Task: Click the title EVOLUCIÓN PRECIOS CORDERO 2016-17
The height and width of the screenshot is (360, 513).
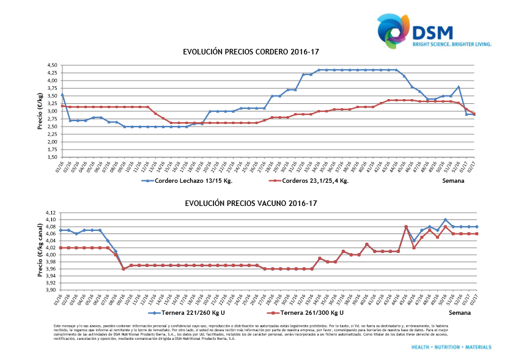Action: point(251,53)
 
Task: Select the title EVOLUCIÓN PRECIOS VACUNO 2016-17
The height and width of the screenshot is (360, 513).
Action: point(251,202)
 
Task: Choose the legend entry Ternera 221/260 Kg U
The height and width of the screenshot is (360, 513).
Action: point(194,312)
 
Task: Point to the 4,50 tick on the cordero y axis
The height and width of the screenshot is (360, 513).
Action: point(51,65)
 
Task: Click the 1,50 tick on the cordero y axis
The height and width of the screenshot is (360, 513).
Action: point(51,157)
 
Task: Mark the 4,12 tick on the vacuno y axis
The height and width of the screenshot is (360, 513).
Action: point(51,213)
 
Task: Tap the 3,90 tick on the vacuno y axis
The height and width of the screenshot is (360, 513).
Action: point(51,290)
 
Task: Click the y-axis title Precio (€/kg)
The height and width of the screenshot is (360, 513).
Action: point(40,111)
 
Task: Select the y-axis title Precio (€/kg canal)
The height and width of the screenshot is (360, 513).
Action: point(40,251)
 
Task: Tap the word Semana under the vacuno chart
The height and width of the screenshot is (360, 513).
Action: point(460,312)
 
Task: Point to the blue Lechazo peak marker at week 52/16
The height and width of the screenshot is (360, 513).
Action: point(459,87)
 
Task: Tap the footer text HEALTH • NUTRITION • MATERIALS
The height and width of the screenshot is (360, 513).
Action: point(451,347)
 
